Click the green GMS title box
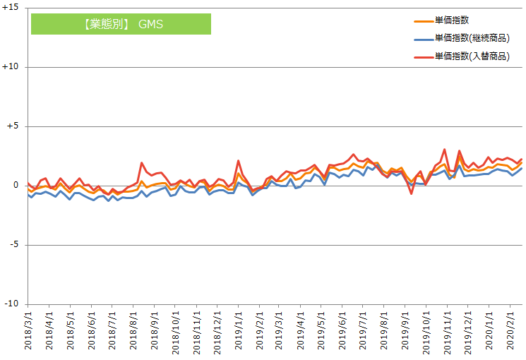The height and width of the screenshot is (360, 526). pos(121,24)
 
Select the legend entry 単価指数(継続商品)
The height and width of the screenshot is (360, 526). pos(472,38)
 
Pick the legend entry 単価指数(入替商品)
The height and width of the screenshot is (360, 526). pos(472,56)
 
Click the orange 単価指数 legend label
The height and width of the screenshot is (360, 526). pos(452,20)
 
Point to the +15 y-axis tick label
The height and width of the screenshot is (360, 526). pos(11,8)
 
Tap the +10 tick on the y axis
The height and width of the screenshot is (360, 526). pos(11,67)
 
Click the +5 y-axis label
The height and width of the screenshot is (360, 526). pos(13,126)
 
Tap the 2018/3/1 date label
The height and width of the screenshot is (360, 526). pos(28,332)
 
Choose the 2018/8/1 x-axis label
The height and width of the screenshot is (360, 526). pos(133,332)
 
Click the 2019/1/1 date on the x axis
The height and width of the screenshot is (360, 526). pos(238,332)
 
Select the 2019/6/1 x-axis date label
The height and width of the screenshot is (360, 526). pos(342,332)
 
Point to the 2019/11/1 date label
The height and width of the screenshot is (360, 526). pos(447,332)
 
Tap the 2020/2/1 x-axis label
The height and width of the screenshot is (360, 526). pos(510,332)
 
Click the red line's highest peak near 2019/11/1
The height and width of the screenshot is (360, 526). pos(444,150)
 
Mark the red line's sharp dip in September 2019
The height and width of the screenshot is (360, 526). pos(412,193)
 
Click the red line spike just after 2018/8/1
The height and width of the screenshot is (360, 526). pos(142,163)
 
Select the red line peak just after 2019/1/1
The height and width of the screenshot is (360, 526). pos(239,161)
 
